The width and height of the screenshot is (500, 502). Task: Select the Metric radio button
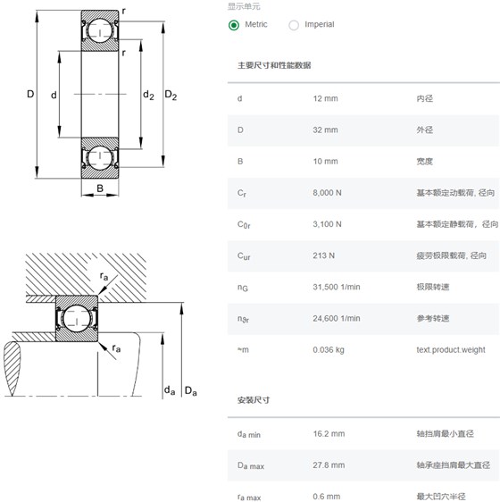tap(234, 25)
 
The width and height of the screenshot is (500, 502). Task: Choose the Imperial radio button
tap(294, 25)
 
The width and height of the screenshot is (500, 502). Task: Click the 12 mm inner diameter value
tap(325, 98)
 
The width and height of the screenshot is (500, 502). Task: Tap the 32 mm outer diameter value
tap(325, 130)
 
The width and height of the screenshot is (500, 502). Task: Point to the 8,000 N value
tap(327, 193)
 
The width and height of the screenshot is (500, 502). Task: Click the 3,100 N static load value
tap(327, 224)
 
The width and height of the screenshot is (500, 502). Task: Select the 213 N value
tap(323, 255)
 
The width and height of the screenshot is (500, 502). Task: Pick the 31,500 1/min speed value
tap(337, 287)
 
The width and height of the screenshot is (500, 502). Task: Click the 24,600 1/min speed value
tap(337, 319)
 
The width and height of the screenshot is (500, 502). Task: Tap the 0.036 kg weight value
tap(329, 350)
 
